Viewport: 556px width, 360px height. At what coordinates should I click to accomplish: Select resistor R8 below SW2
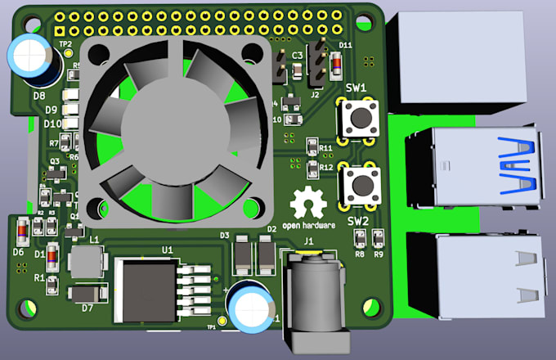pos(360,238)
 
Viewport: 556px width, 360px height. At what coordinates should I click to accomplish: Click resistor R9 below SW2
pos(378,238)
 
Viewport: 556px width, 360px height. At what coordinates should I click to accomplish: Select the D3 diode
pos(243,255)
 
